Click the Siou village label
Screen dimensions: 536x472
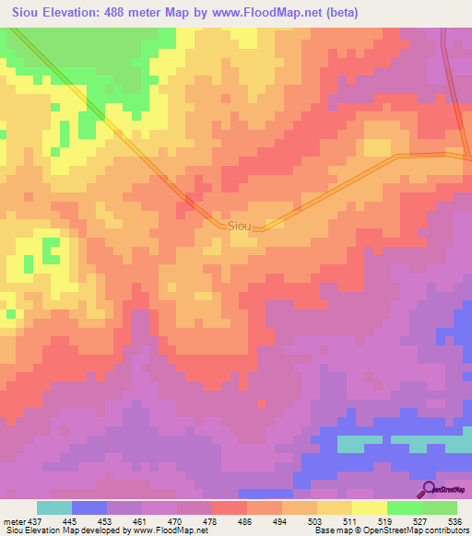239,225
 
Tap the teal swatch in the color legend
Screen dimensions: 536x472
53,507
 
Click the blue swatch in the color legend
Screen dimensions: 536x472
88,507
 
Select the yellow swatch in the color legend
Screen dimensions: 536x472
370,507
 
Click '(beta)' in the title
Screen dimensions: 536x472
337,13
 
